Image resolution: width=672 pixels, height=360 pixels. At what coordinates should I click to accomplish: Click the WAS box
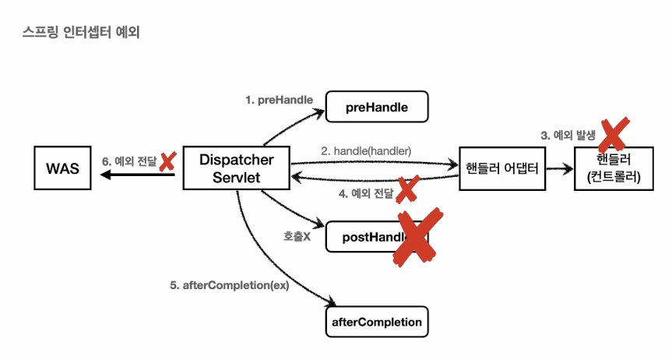pyautogui.click(x=63, y=168)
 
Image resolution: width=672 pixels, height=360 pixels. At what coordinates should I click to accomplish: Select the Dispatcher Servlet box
pyautogui.click(x=236, y=168)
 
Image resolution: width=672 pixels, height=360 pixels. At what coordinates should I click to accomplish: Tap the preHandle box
pyautogui.click(x=377, y=107)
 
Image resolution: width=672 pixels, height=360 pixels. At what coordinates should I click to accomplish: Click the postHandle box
pyautogui.click(x=366, y=237)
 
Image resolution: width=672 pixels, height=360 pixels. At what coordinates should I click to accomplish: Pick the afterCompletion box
pyautogui.click(x=378, y=321)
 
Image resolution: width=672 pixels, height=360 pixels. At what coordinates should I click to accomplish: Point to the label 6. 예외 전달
pyautogui.click(x=128, y=161)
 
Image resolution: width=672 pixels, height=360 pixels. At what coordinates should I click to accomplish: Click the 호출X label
pyautogui.click(x=297, y=235)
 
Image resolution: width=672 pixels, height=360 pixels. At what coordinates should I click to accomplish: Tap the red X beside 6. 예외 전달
pyautogui.click(x=167, y=161)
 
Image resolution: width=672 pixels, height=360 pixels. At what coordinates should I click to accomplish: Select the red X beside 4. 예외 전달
pyautogui.click(x=407, y=190)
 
